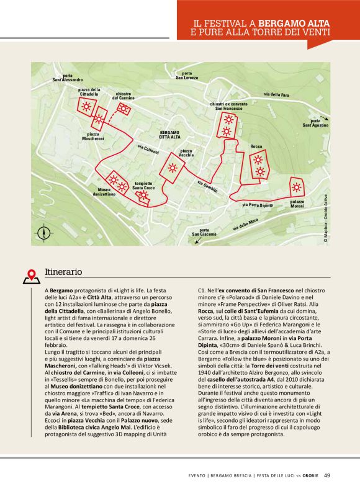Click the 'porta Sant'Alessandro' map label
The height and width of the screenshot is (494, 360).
pyautogui.click(x=67, y=78)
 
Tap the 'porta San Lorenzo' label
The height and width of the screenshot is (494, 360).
pyautogui.click(x=187, y=76)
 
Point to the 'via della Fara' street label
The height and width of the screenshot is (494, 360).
pyautogui.click(x=276, y=94)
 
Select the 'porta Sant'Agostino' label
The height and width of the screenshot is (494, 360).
pyautogui.click(x=315, y=123)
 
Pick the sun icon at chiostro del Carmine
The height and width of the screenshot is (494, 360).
pyautogui.click(x=124, y=109)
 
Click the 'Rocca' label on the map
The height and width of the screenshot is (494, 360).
pyautogui.click(x=256, y=146)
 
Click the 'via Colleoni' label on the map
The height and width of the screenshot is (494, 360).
pyautogui.click(x=148, y=150)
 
